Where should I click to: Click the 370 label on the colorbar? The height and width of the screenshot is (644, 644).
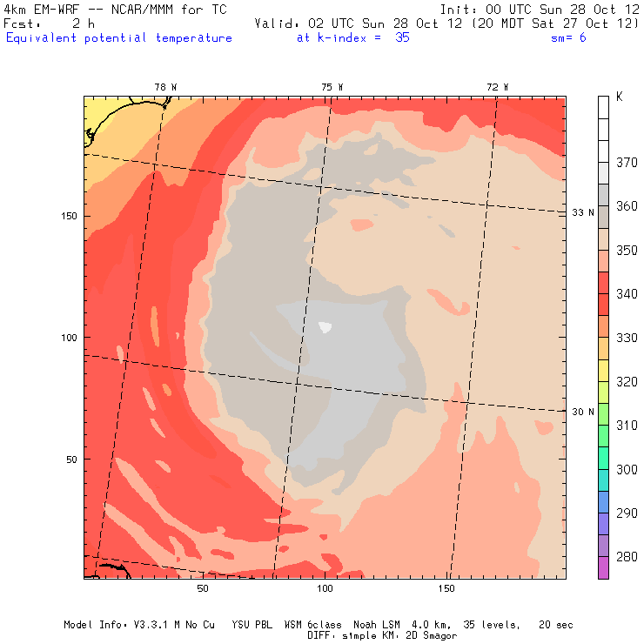tap(627, 163)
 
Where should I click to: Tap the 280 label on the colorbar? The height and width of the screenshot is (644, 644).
tap(627, 557)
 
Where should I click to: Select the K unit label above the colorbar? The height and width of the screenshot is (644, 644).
tap(619, 97)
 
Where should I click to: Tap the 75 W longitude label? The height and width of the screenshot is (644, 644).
tap(332, 87)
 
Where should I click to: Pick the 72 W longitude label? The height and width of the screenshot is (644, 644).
tap(498, 87)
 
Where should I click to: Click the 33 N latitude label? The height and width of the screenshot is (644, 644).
tap(583, 212)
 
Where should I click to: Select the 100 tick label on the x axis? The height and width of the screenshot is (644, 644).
tap(325, 589)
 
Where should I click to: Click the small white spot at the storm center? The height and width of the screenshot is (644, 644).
tap(325, 327)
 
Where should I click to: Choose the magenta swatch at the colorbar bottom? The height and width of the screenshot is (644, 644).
tap(603, 567)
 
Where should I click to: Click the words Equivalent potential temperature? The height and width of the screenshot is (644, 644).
tap(119, 38)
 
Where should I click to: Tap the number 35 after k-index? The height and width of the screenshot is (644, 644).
tap(401, 38)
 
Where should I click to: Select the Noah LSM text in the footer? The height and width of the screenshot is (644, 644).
tap(378, 625)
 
